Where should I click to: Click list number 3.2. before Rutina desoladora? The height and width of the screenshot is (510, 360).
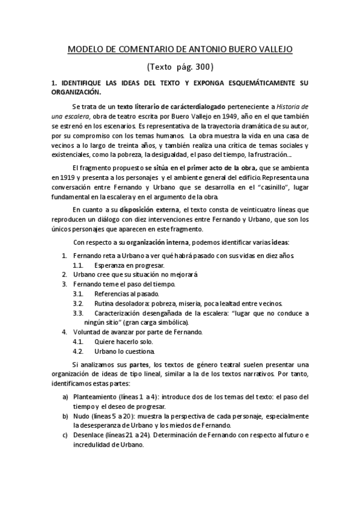point(78,303)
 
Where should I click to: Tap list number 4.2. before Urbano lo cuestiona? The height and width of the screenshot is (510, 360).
point(78,351)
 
